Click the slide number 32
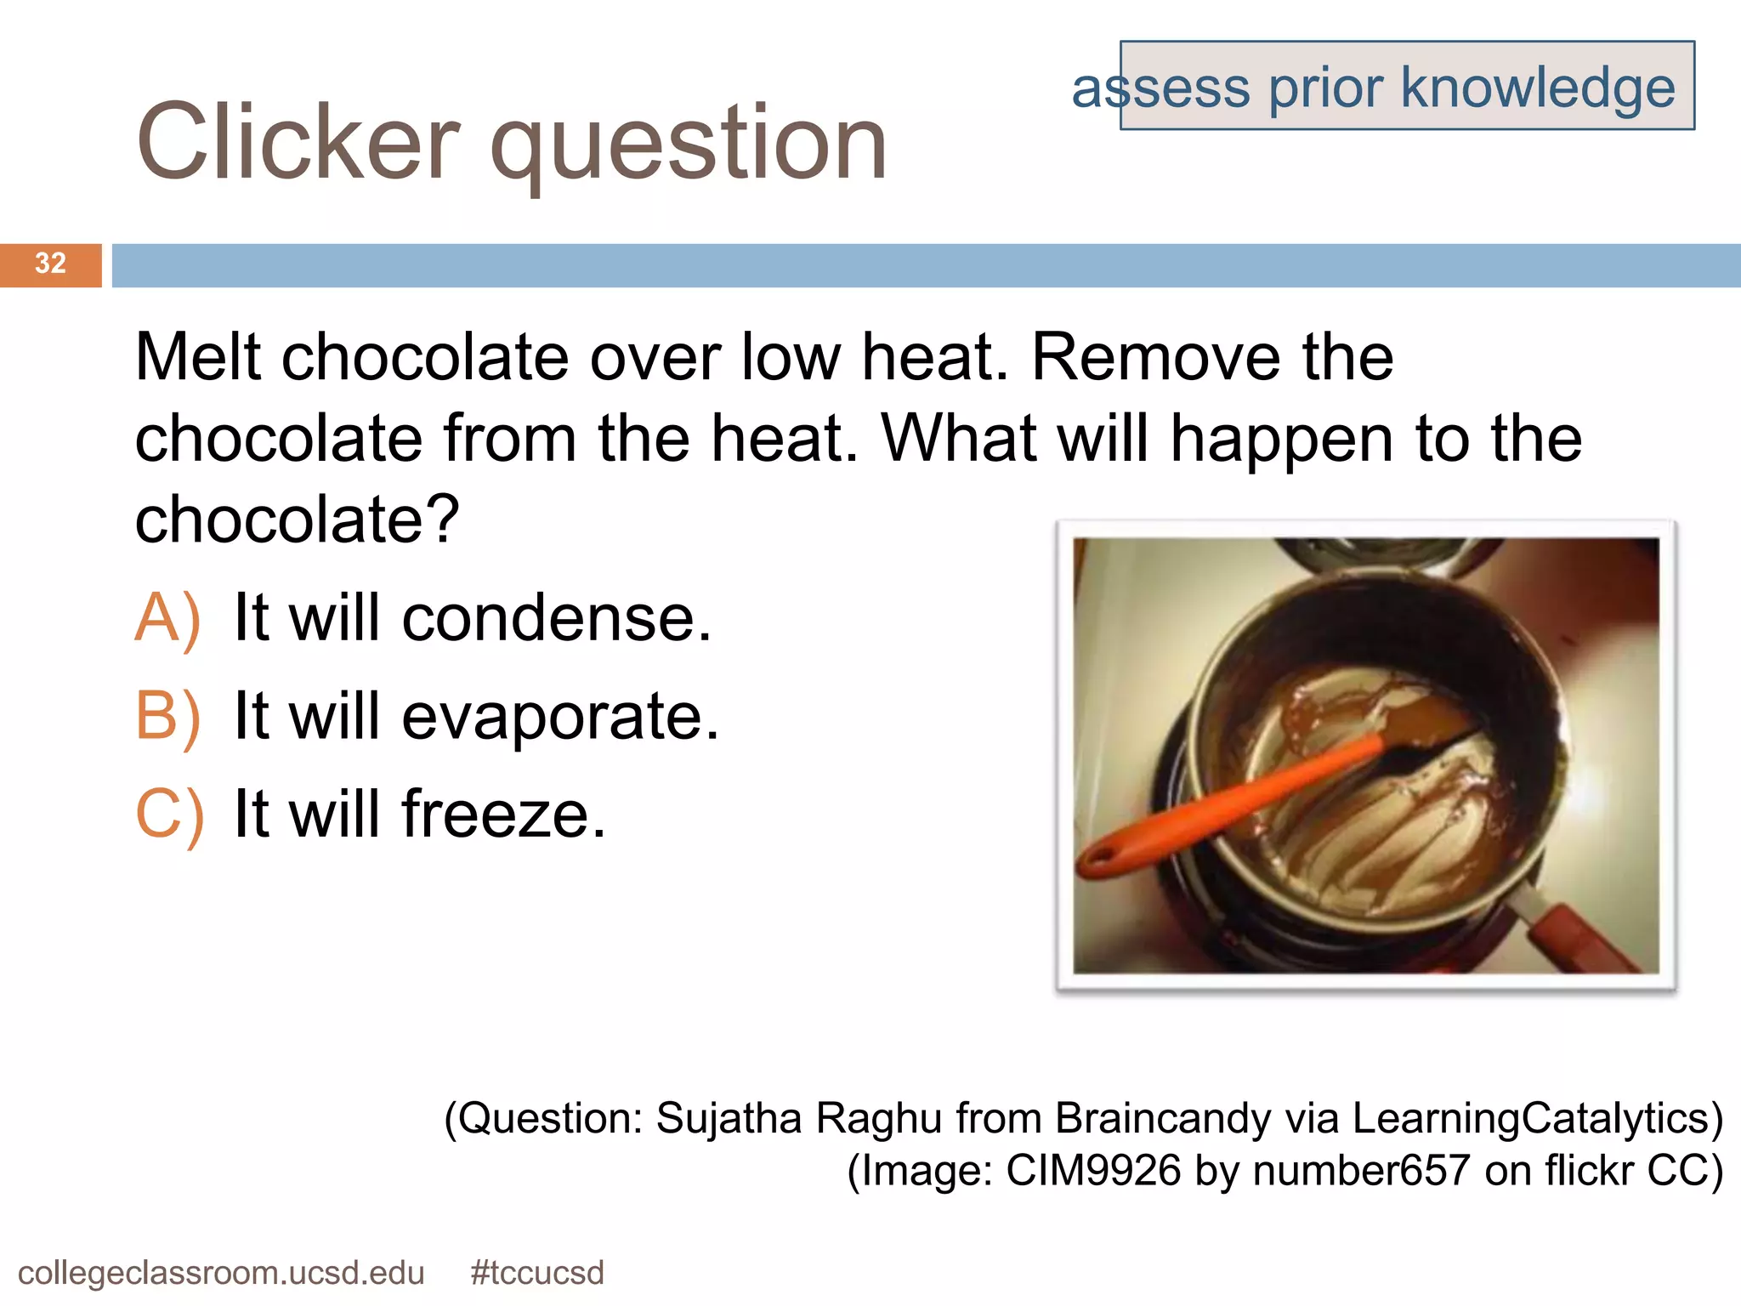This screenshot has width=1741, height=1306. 50,264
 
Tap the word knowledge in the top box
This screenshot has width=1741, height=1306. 1537,88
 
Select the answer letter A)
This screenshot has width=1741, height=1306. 168,618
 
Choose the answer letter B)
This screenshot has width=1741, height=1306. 168,717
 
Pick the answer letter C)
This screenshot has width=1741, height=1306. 169,815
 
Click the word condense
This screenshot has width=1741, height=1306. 556,618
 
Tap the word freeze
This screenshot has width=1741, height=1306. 503,815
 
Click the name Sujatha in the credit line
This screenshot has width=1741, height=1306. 729,1118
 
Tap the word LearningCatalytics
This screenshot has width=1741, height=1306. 1529,1118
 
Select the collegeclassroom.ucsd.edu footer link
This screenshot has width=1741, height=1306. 221,1273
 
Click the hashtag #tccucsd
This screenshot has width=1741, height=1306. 537,1273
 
